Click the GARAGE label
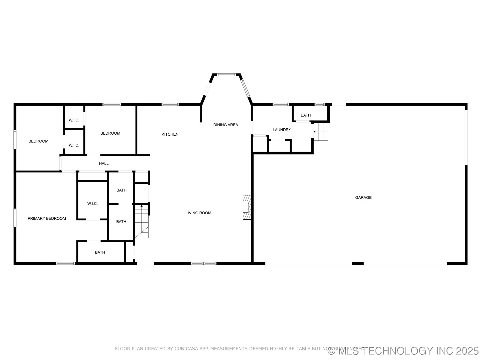363,198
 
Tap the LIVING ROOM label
198,213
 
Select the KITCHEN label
170,134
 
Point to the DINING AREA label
225,125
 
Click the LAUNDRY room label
282,130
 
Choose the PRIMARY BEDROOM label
47,218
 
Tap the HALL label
104,163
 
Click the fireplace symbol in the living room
247,207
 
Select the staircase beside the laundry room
321,132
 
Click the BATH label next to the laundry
306,115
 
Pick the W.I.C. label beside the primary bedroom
92,204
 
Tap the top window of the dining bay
226,75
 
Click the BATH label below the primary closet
100,252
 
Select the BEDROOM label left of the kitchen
110,133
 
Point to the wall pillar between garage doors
358,263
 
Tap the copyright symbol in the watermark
332,351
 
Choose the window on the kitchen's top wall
170,105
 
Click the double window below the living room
203,263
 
